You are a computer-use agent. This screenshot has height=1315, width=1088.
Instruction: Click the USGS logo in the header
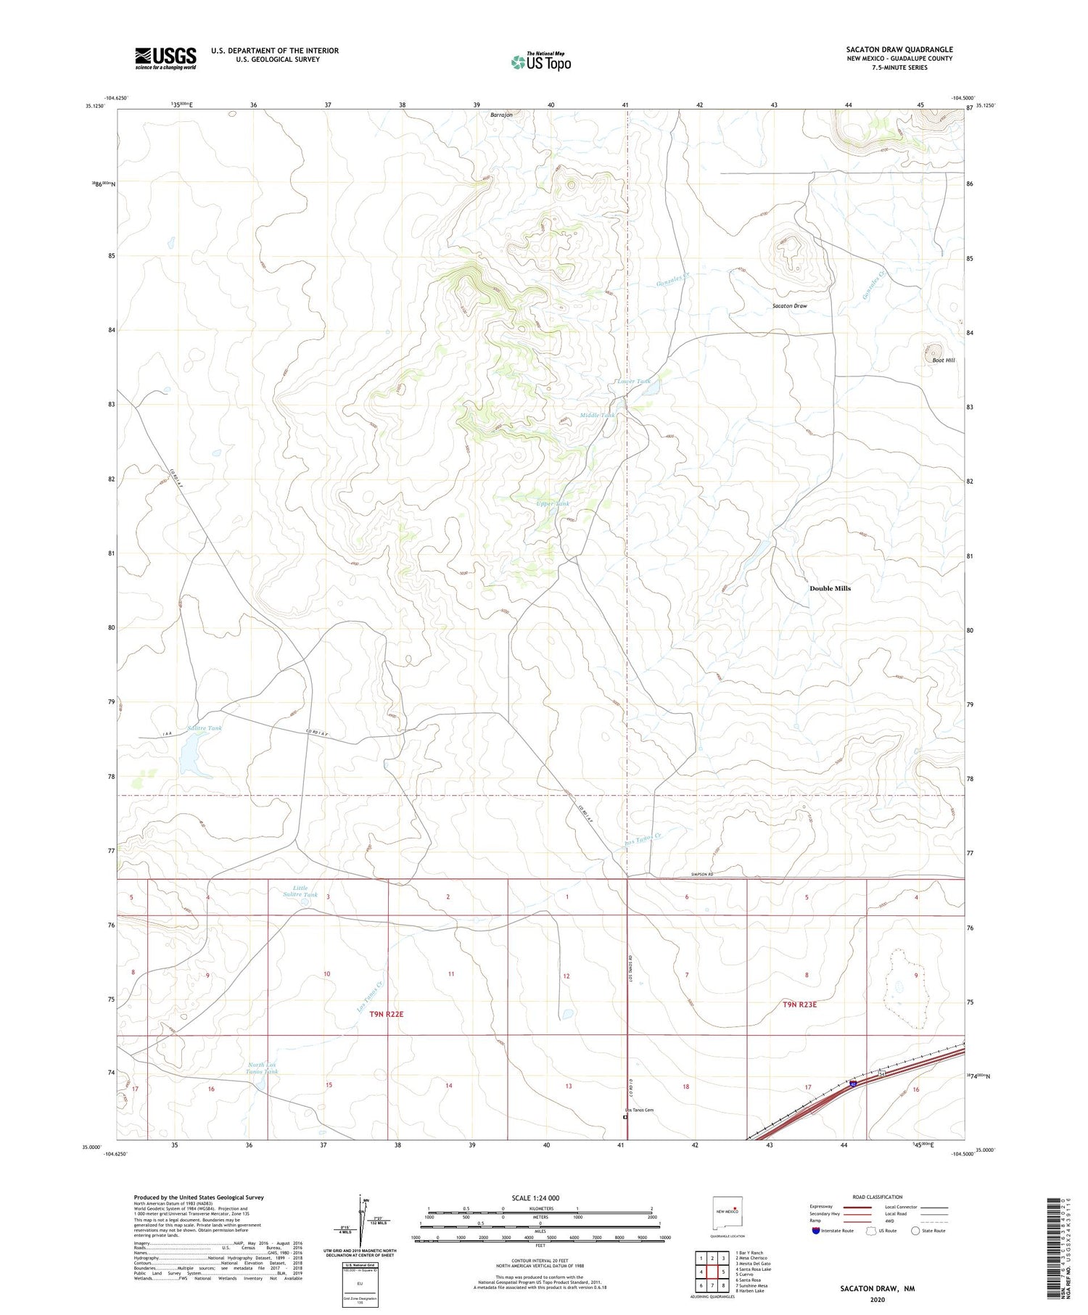(x=165, y=58)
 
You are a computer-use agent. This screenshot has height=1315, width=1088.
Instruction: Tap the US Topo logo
(x=540, y=62)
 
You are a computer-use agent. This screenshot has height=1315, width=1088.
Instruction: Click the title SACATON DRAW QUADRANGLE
(x=899, y=49)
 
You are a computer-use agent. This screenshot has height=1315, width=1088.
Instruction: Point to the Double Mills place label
(x=830, y=588)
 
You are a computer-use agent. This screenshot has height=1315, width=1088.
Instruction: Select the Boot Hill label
(x=943, y=360)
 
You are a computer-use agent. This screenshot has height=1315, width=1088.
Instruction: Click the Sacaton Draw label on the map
(x=789, y=306)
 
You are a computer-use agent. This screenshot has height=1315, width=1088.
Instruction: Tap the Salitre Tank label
(x=204, y=728)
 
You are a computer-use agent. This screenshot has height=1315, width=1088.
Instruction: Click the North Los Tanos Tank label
(x=261, y=1068)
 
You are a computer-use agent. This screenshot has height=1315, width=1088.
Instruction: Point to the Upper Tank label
(x=553, y=503)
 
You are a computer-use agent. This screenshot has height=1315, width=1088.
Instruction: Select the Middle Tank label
(x=597, y=415)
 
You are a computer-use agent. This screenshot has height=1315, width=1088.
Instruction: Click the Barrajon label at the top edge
(x=501, y=115)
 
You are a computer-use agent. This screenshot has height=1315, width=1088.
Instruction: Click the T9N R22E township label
(x=386, y=1014)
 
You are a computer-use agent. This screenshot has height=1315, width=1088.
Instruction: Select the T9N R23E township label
(x=799, y=1005)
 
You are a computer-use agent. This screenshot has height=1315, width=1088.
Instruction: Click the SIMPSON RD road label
(x=701, y=875)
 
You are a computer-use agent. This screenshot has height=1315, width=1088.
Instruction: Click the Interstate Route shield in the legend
(x=817, y=1231)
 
